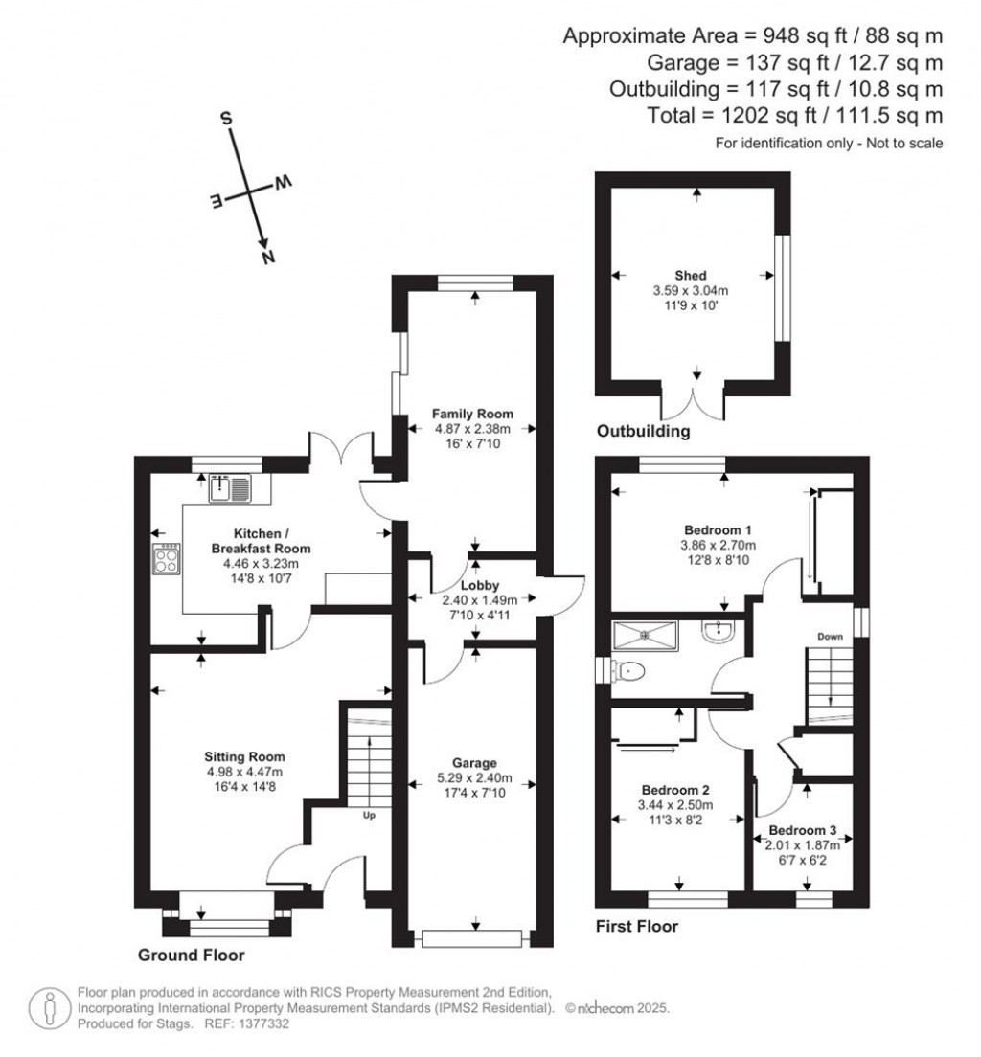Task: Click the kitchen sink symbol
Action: tap(229, 488)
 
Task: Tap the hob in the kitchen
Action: tap(166, 558)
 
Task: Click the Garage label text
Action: tap(475, 762)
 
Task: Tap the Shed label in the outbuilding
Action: tap(690, 276)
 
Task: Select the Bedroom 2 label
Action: tap(675, 790)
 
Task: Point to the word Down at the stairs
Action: tap(829, 637)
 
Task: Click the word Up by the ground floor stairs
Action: tap(368, 816)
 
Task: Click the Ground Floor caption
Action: tap(192, 955)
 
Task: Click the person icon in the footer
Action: tap(47, 1008)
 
